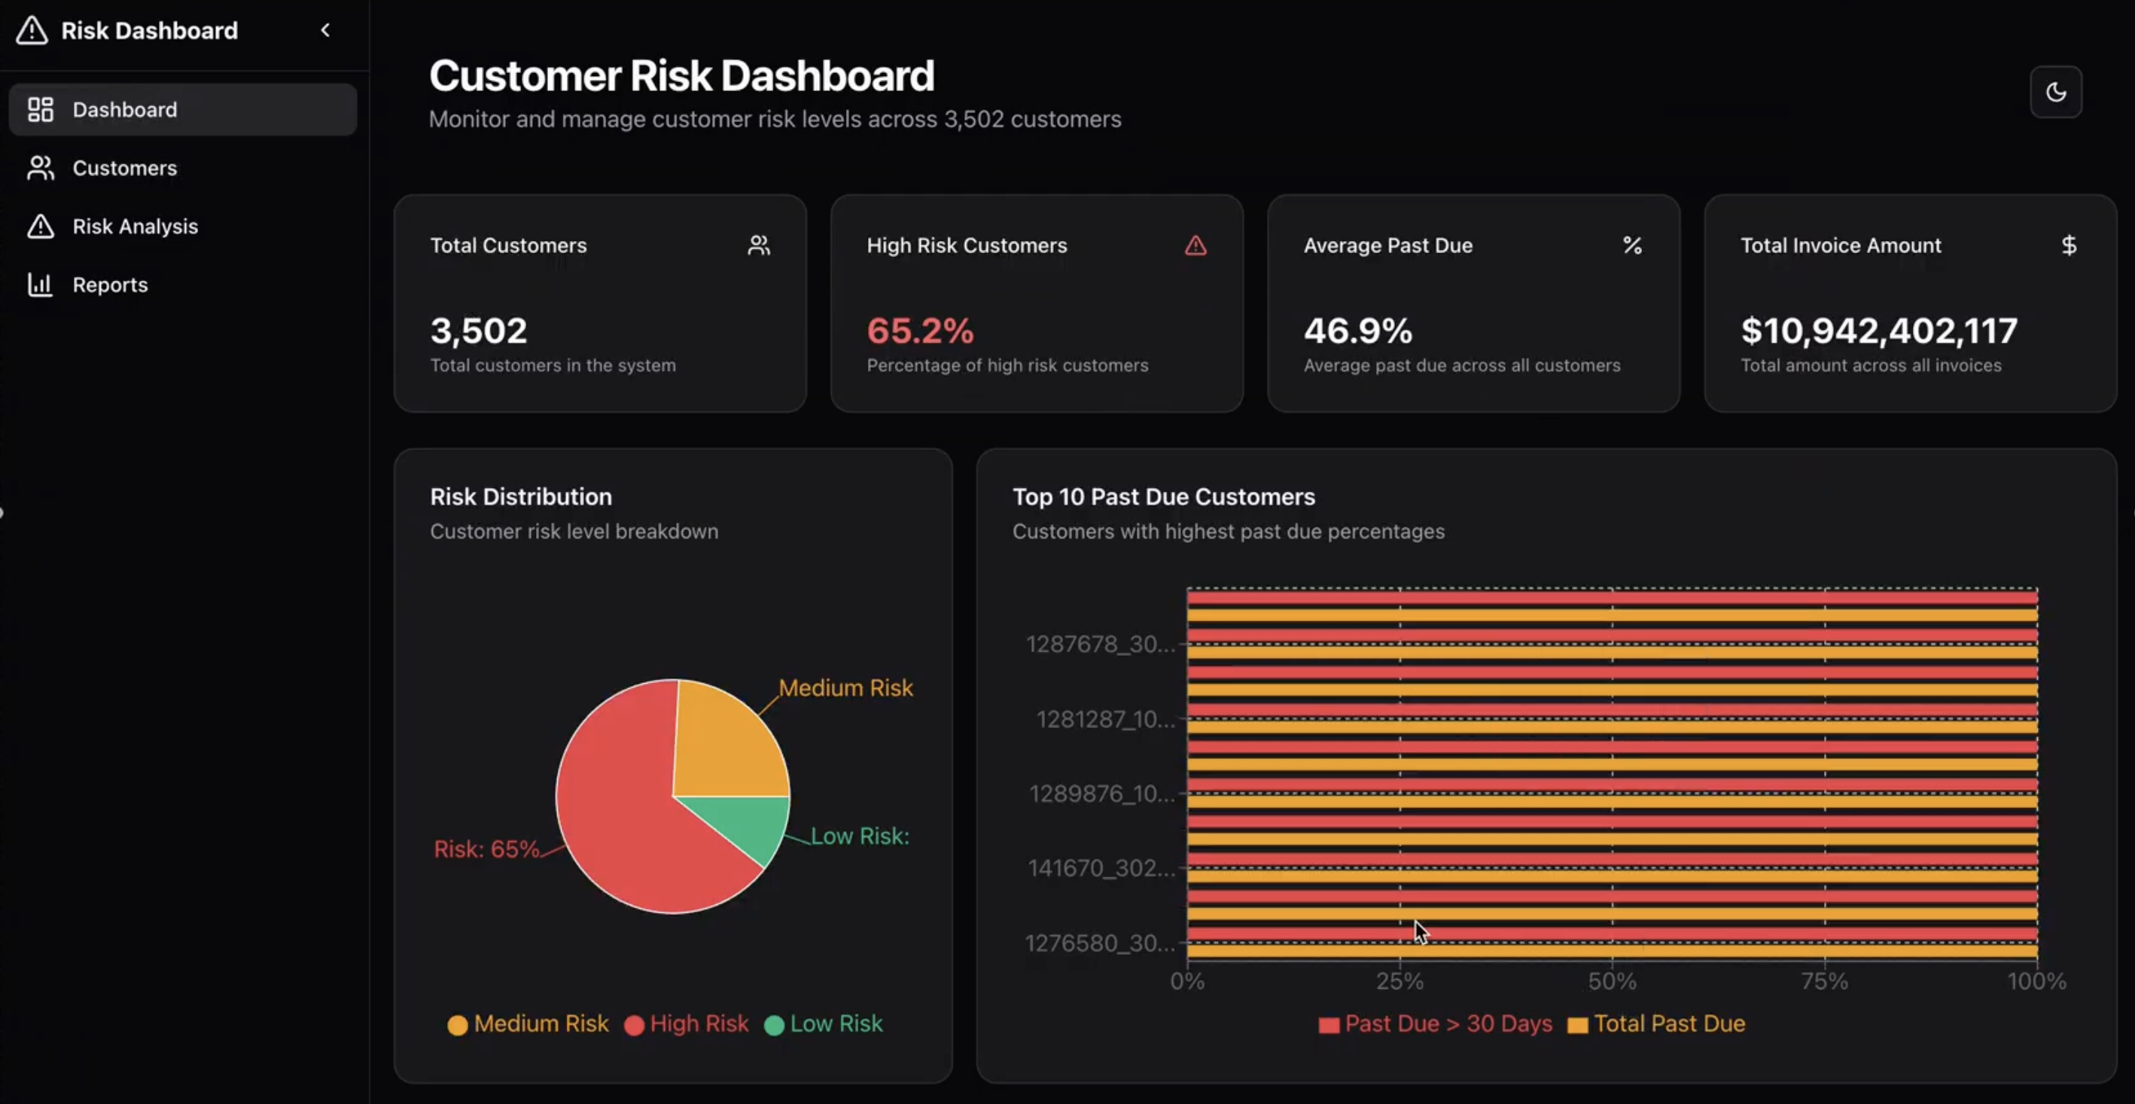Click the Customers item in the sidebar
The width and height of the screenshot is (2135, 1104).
124,168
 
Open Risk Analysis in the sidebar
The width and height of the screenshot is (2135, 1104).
134,226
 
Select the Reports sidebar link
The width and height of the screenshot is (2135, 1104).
109,285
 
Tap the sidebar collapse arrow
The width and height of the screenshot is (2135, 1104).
326,31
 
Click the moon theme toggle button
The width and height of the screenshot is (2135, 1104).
2055,92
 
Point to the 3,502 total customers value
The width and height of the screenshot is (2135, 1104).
478,331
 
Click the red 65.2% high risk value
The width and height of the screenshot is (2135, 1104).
920,331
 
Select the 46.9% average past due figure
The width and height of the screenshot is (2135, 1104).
1357,331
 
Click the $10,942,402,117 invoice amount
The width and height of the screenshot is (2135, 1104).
1879,331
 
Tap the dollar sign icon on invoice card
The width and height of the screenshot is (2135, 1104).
2069,246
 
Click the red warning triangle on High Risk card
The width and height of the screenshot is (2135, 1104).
1195,246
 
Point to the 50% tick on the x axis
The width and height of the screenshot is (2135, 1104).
1612,981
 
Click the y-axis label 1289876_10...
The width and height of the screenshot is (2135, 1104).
1101,794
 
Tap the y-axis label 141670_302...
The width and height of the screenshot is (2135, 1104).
1101,868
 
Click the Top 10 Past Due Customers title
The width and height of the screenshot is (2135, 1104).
1164,497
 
